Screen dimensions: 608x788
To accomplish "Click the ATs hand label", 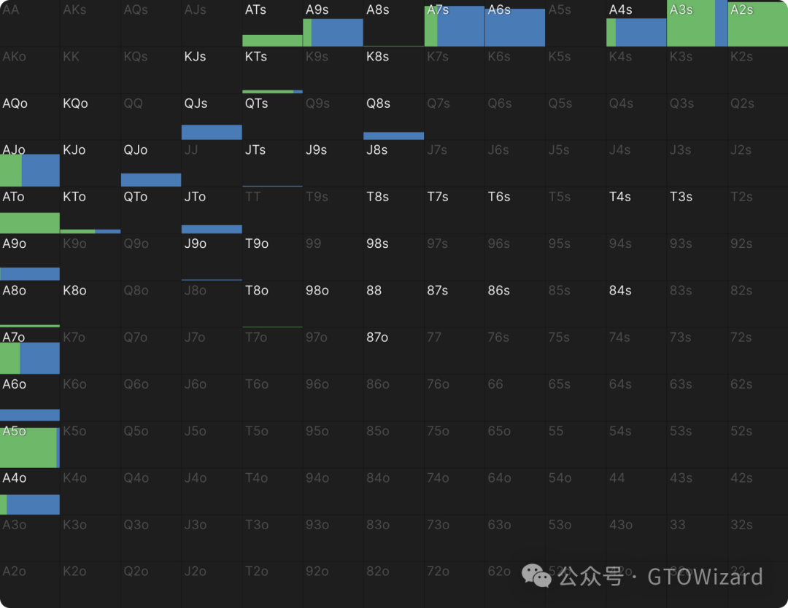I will coord(255,10).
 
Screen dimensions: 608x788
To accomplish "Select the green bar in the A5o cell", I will coord(28,448).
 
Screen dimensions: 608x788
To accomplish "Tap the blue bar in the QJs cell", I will coord(212,132).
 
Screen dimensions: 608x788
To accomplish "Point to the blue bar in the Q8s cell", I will coord(393,136).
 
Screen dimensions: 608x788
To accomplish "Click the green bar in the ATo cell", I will coord(30,222).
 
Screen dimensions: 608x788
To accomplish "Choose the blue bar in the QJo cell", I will coord(151,179).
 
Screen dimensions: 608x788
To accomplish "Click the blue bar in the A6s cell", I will coord(514,28).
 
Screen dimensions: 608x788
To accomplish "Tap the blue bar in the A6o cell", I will coord(30,415).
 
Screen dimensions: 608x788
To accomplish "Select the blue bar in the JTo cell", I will coord(212,229).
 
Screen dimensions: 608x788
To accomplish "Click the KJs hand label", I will coord(196,57).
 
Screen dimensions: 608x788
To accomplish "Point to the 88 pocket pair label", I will coord(374,290).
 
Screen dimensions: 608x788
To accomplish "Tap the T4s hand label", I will coord(620,197).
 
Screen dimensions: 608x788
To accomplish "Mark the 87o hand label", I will coord(377,338).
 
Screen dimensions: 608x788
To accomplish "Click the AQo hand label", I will coord(15,104).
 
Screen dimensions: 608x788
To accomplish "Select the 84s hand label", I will coord(620,290).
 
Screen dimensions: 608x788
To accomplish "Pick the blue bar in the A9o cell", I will coord(30,273).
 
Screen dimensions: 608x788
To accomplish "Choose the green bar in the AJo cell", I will coord(11,171).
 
